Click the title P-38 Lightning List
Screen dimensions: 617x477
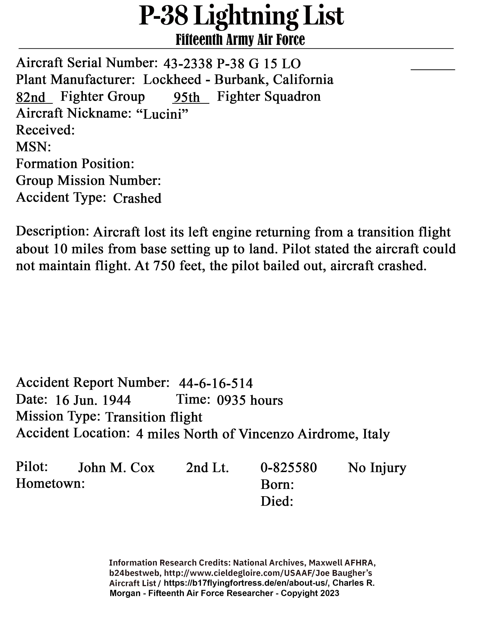241,16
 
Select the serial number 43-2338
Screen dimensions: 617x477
188,64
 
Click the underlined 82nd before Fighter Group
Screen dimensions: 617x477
31,97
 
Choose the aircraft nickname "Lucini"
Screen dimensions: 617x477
162,114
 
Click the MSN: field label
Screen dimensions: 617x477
33,147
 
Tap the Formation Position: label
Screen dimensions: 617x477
75,164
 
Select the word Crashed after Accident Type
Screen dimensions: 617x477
137,198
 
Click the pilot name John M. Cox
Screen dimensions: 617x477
116,468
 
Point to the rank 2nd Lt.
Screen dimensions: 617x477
207,468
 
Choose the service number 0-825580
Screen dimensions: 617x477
288,468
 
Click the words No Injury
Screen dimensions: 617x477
377,468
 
